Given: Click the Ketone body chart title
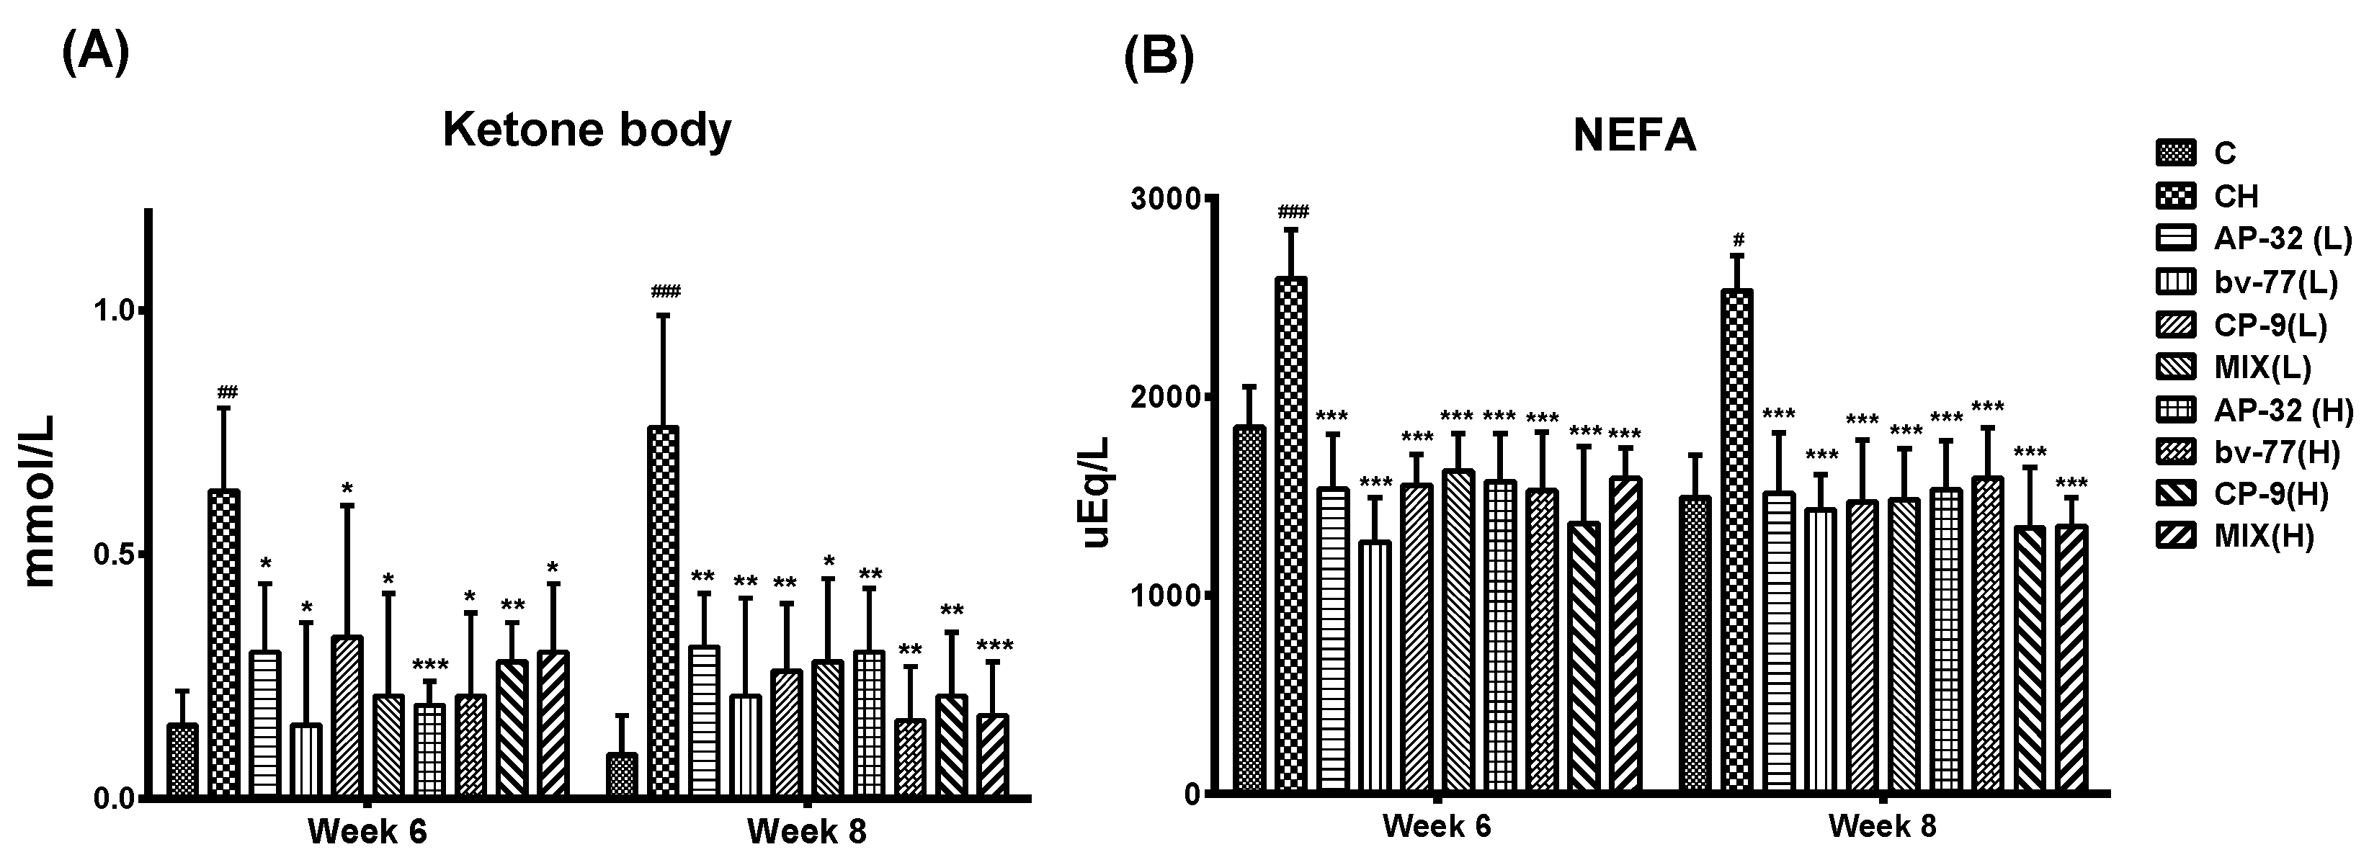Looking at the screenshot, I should [x=586, y=130].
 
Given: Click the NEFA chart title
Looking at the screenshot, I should [x=1634, y=136].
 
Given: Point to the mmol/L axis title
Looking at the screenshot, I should [x=40, y=501].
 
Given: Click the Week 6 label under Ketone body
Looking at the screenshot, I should [x=367, y=832].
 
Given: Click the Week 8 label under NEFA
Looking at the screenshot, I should [x=1882, y=825].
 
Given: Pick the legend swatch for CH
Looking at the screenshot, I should [x=2175, y=196].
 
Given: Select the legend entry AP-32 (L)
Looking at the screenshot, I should [x=2280, y=239].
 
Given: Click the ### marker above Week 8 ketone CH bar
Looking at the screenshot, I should [x=665, y=292].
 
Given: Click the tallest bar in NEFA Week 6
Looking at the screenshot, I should [x=1291, y=533].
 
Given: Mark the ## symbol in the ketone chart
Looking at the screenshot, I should [x=227, y=393].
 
